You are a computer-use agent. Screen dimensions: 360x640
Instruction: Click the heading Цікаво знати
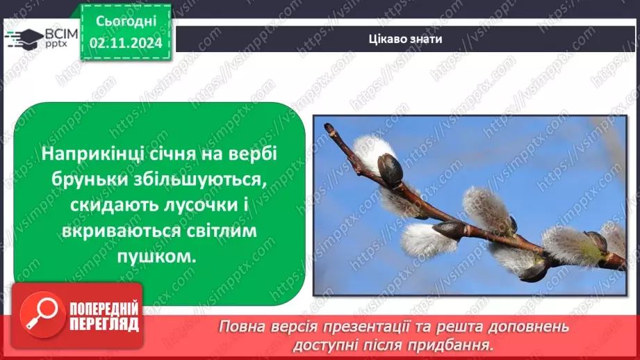(406, 39)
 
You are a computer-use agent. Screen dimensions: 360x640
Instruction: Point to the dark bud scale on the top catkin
(390, 170)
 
